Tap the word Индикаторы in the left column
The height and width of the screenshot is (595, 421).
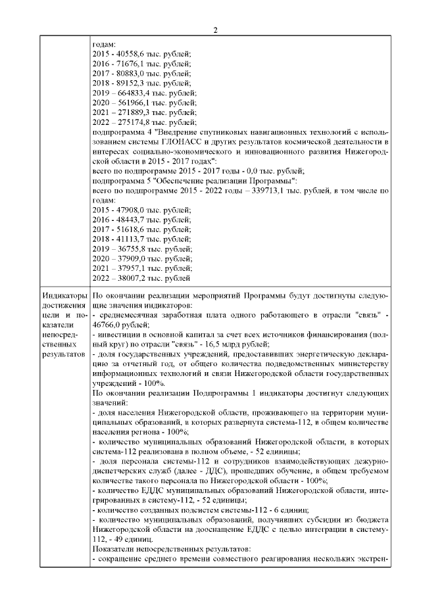click(64, 295)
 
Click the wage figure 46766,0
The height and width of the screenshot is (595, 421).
click(109, 325)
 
